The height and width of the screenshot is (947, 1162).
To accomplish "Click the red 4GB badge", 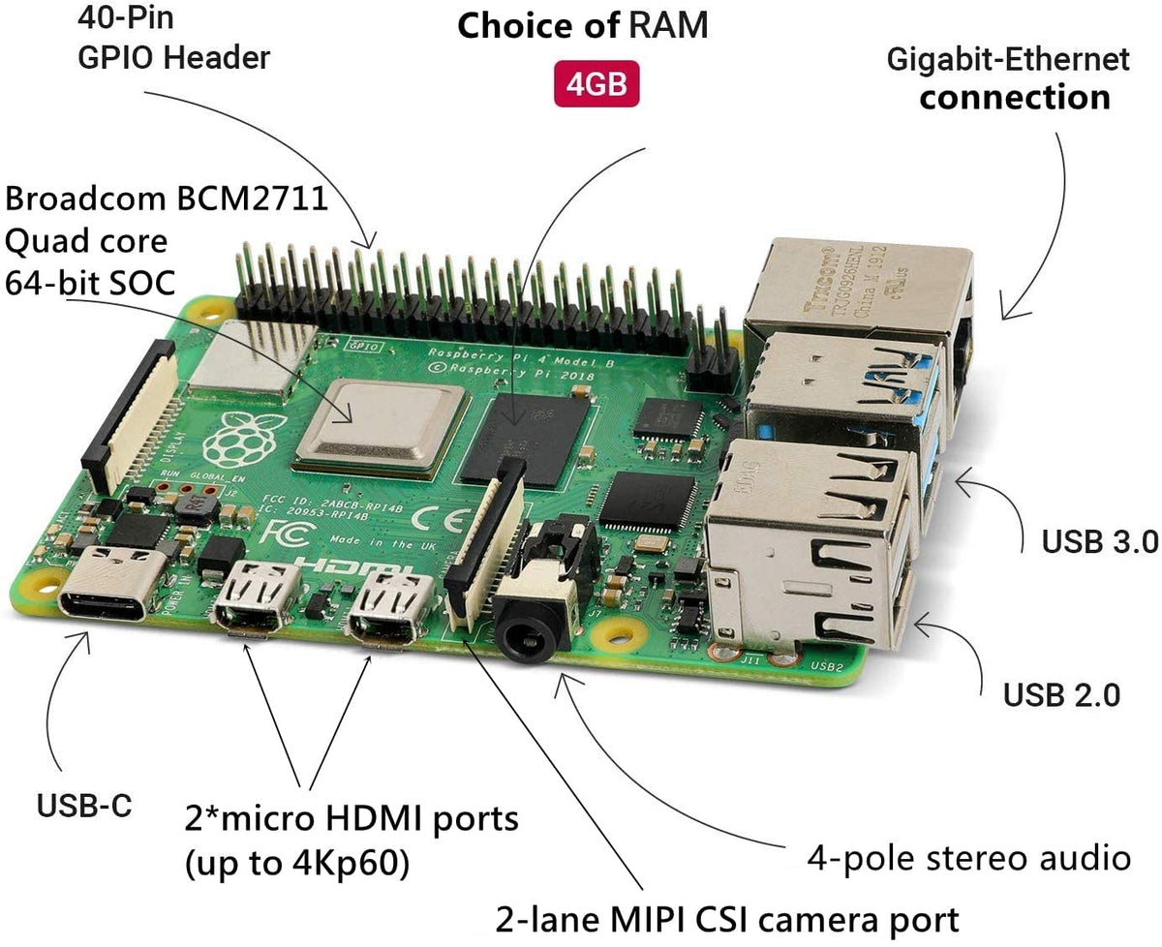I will coord(596,84).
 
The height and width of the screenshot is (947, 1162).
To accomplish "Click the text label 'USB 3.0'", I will coord(1100,541).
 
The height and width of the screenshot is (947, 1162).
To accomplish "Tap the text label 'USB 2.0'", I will coord(1061,693).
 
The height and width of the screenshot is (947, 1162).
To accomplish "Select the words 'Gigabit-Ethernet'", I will coord(1008,60).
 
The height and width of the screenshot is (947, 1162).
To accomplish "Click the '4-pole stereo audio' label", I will coord(969,857).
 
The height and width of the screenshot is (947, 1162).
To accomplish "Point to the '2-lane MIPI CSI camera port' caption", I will coord(727,917).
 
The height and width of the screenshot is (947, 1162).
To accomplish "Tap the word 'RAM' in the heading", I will coord(668,26).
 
